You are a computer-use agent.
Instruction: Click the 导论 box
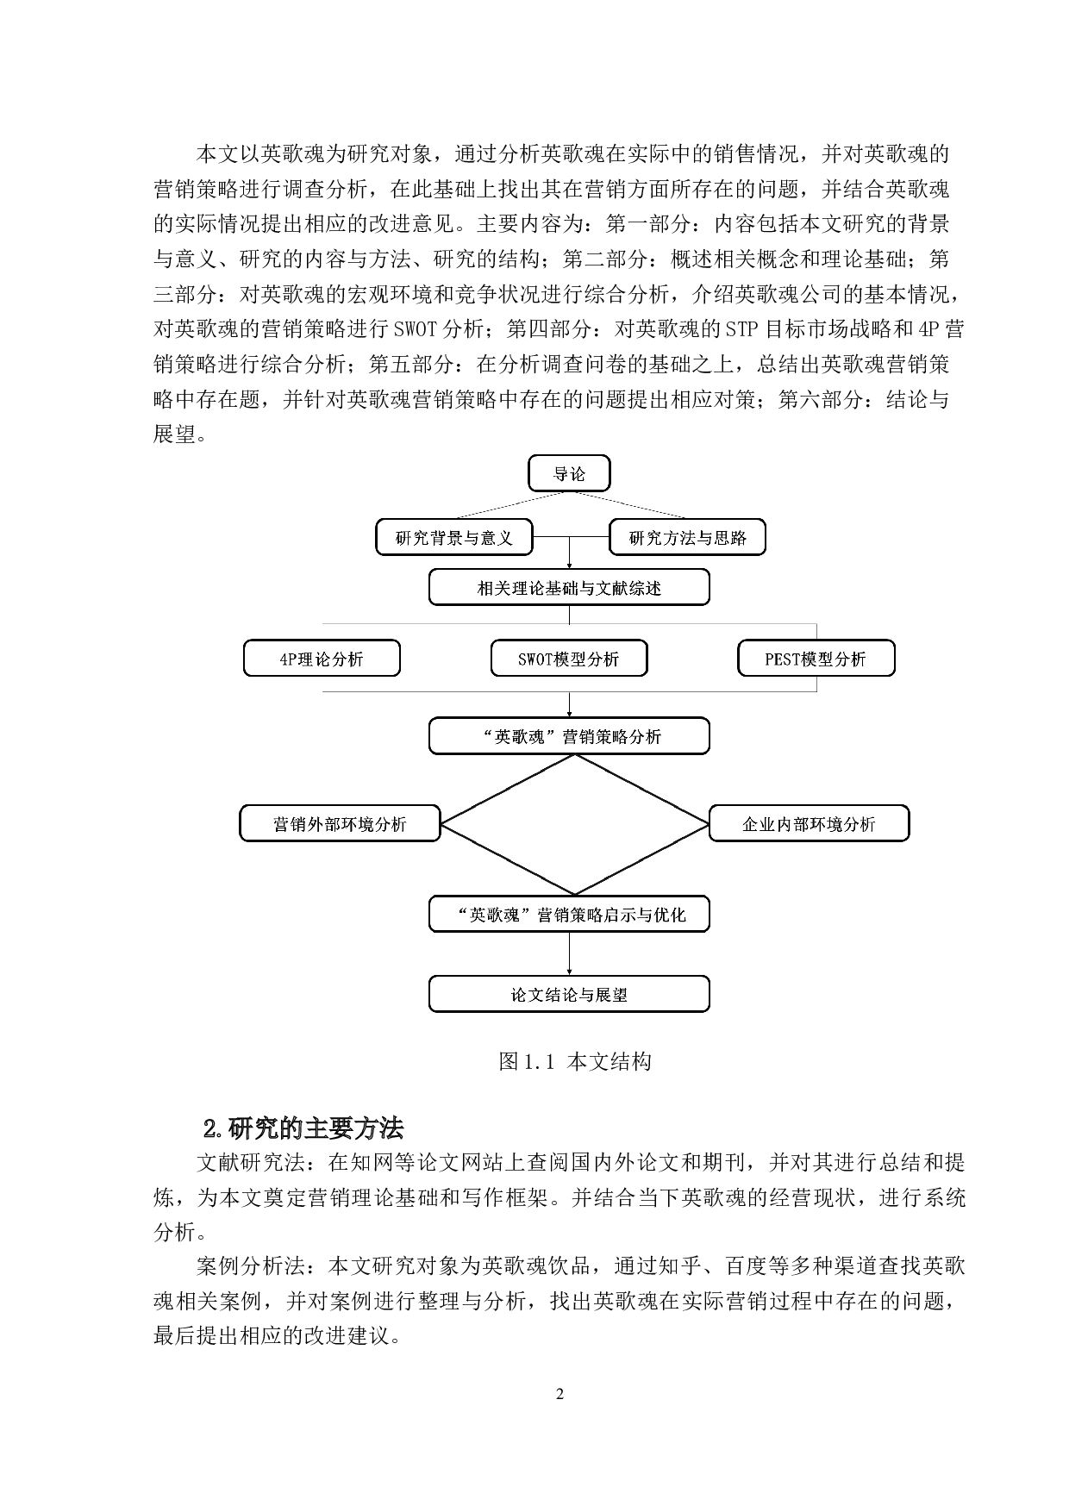pos(569,473)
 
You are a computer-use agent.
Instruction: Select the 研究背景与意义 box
pos(453,538)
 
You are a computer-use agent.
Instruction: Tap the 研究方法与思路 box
pos(687,538)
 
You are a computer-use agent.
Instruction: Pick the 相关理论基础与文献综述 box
pos(569,588)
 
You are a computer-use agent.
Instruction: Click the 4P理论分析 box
pos(322,659)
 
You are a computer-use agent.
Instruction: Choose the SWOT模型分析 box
pos(569,659)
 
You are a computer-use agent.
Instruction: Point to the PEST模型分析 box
pos(816,659)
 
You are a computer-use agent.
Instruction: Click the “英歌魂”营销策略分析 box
pos(569,736)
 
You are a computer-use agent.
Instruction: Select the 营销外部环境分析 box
pos(340,824)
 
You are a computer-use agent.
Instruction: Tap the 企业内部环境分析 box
pos(809,824)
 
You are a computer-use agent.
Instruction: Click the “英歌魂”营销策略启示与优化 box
pos(569,915)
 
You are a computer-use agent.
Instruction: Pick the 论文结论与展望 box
pos(569,994)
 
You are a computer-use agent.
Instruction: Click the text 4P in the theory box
pos(288,659)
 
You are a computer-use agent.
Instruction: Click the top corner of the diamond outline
pos(575,756)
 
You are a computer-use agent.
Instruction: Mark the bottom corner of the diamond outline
pos(575,894)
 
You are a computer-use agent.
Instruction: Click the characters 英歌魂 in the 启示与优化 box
pos(494,915)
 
